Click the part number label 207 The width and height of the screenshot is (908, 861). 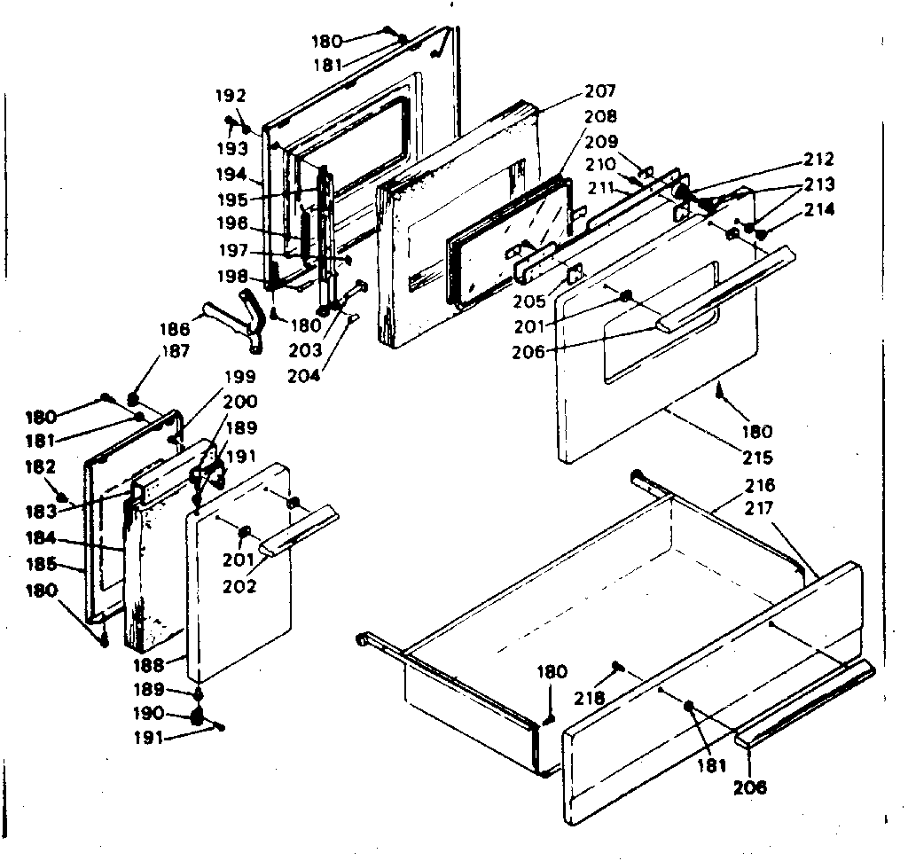pyautogui.click(x=600, y=91)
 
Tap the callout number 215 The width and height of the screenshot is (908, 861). pyautogui.click(x=758, y=458)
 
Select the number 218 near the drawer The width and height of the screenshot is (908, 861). pyautogui.click(x=591, y=699)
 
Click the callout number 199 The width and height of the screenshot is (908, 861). pyautogui.click(x=239, y=376)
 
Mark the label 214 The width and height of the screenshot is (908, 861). pyautogui.click(x=819, y=210)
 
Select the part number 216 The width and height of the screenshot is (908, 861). pyautogui.click(x=760, y=485)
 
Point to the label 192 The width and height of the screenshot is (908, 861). pyautogui.click(x=231, y=96)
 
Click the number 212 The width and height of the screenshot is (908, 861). pyautogui.click(x=818, y=160)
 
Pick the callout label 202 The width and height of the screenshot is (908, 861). pyautogui.click(x=239, y=586)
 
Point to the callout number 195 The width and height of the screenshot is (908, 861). pyautogui.click(x=232, y=200)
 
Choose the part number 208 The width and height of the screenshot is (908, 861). pyautogui.click(x=600, y=116)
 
